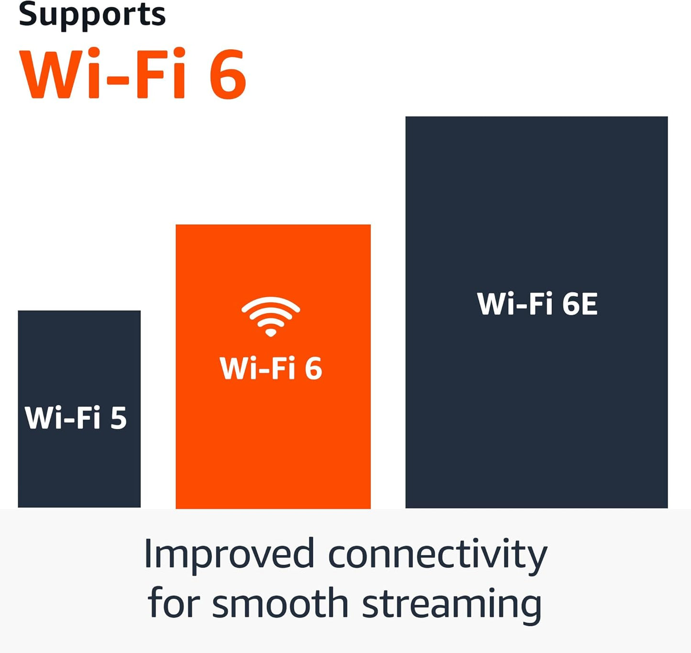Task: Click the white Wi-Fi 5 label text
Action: tap(76, 418)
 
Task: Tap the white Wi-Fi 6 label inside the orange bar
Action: tap(271, 369)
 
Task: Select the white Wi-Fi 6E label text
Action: tap(537, 304)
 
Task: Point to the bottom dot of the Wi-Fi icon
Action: tap(271, 332)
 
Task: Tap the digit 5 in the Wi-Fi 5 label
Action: tap(119, 418)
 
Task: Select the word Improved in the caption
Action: tap(229, 555)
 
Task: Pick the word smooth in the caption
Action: tap(280, 603)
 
